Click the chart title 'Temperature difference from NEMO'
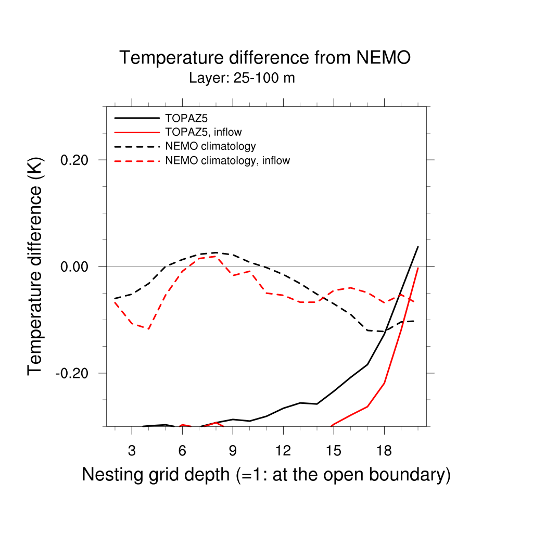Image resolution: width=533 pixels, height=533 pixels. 265,58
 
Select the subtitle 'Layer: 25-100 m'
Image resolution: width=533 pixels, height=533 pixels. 242,79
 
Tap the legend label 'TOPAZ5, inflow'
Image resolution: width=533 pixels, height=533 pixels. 204,132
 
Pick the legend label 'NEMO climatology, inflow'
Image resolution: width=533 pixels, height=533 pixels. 227,161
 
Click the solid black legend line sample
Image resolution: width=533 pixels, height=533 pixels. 136,118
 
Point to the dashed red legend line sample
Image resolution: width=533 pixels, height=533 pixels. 136,161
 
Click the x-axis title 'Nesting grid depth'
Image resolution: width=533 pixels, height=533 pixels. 265,475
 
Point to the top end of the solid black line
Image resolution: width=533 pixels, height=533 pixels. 418,247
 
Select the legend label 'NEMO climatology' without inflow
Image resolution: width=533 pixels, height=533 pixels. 210,146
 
